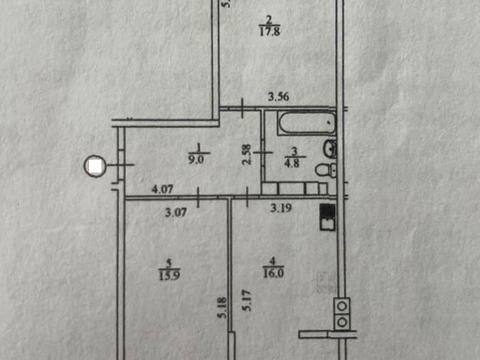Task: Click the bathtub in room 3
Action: [304, 126]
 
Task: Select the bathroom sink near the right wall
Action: [330, 150]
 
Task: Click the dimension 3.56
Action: [279, 97]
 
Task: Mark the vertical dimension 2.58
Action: [246, 155]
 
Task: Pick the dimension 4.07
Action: [163, 188]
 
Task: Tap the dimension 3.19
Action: [281, 210]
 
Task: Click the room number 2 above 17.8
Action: [268, 19]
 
